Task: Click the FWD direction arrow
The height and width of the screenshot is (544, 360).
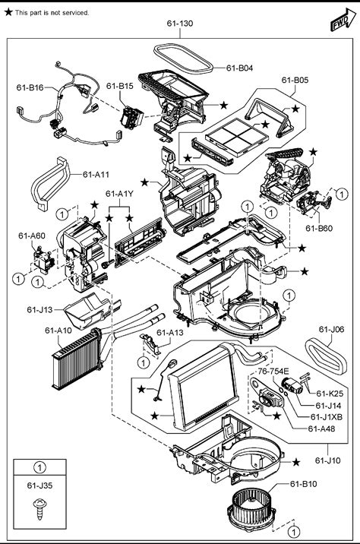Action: point(343,20)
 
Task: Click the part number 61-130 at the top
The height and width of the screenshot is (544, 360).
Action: point(180,24)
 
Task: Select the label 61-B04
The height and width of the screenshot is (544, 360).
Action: point(240,68)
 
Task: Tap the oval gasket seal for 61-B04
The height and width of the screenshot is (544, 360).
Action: point(183,59)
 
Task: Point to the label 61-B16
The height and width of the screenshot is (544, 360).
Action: point(30,87)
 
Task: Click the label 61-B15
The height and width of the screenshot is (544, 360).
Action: point(120,86)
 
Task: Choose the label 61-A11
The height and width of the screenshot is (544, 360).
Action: point(96,175)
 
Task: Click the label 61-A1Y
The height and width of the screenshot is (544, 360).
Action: point(119,194)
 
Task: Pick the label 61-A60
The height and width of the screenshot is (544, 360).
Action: point(32,236)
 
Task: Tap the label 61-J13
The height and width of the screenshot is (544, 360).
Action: point(39,309)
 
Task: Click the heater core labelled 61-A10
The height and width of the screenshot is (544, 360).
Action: point(77,359)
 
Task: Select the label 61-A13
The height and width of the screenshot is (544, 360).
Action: point(170,333)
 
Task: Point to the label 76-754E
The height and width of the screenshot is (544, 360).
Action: point(273,372)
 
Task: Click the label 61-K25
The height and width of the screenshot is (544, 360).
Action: point(330,394)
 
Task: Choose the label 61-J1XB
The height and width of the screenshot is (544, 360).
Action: point(327,417)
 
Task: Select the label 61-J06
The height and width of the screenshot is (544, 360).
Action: point(332,330)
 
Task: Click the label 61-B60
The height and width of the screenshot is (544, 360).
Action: point(319,228)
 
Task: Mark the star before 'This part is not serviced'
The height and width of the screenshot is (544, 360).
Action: point(8,12)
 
